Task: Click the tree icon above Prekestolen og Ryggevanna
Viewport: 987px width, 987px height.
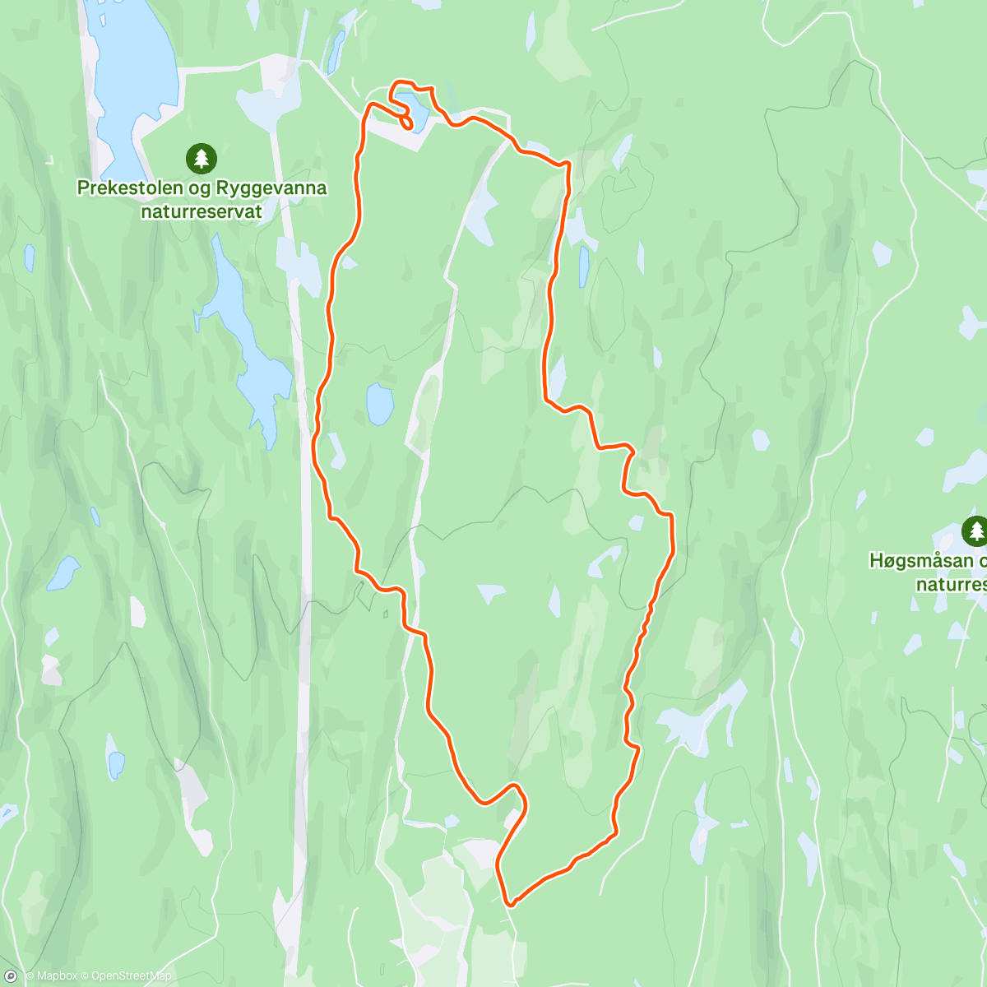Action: [x=202, y=158]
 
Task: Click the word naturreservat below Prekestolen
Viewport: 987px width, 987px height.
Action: [x=202, y=211]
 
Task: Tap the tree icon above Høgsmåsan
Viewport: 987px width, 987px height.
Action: [x=975, y=531]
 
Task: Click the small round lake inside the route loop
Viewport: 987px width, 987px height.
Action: [x=379, y=404]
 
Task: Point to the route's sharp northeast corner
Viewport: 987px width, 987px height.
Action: [x=567, y=165]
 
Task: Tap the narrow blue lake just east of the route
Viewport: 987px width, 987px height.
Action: [x=583, y=267]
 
